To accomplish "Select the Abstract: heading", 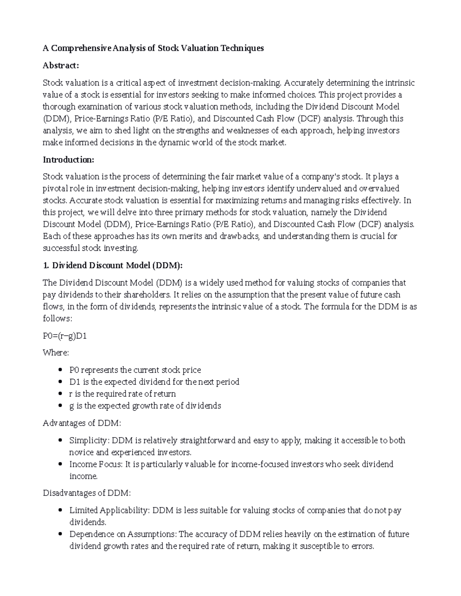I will [x=61, y=66].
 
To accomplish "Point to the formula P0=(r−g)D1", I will [x=65, y=336].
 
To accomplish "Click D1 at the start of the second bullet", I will [x=74, y=382].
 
